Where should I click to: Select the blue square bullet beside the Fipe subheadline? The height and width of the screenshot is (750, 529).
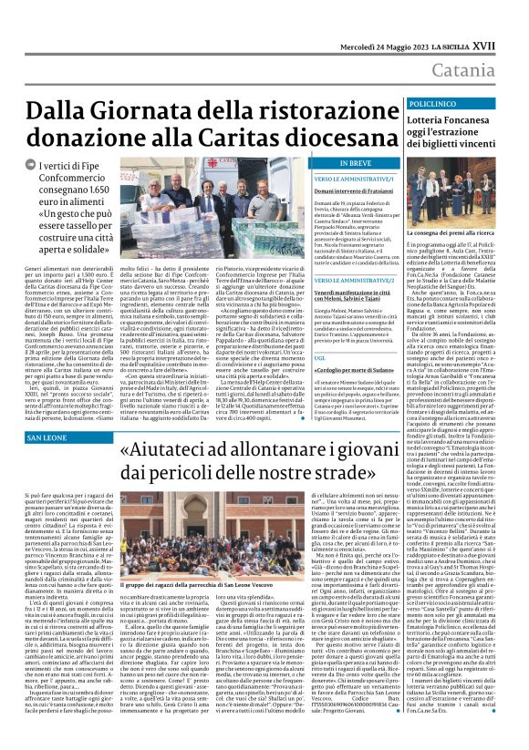click(x=14, y=165)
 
